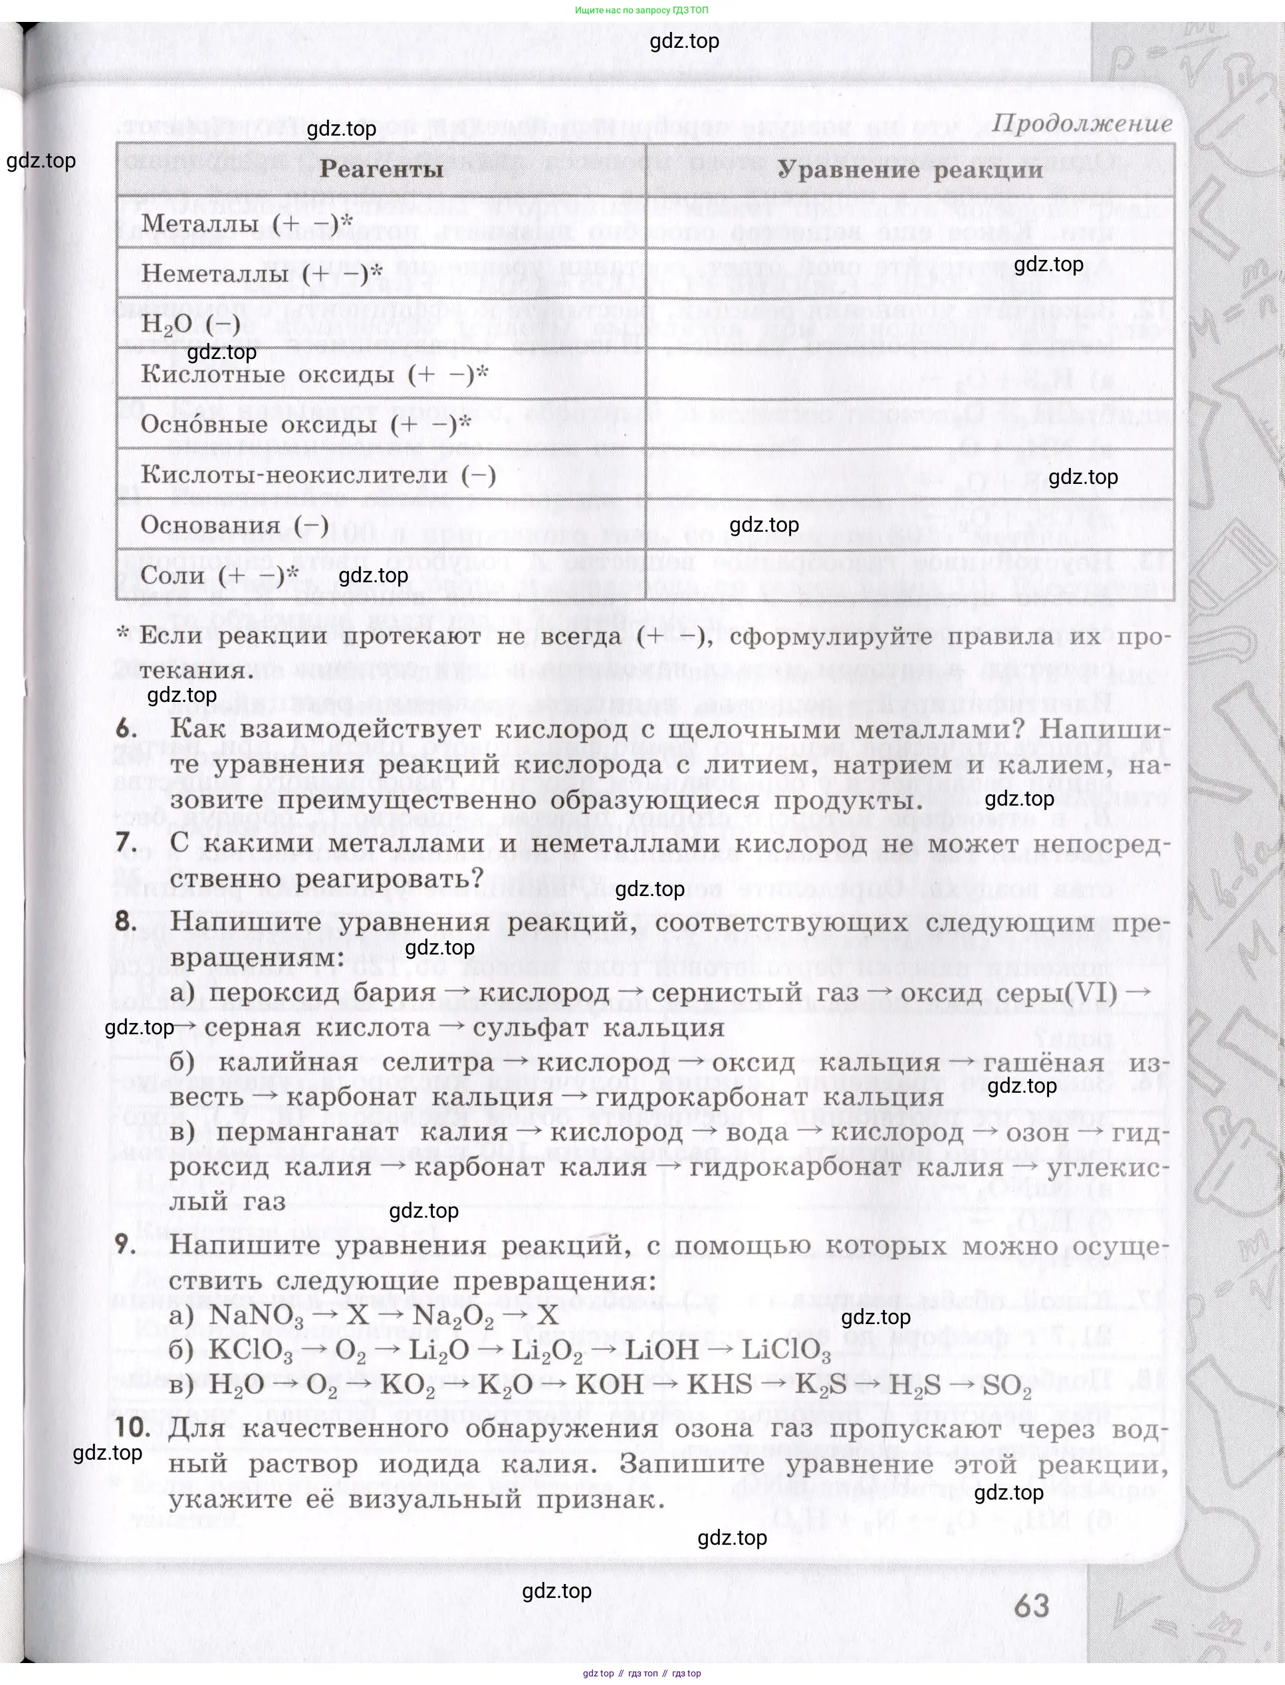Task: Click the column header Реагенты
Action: (x=381, y=169)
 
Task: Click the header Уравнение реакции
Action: (x=909, y=169)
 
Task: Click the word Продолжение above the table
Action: (x=1082, y=123)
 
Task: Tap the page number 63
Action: (x=1031, y=1605)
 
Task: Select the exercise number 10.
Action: (x=133, y=1427)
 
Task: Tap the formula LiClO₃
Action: (x=786, y=1350)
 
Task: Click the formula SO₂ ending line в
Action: (x=1006, y=1385)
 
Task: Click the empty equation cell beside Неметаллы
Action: (x=909, y=273)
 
